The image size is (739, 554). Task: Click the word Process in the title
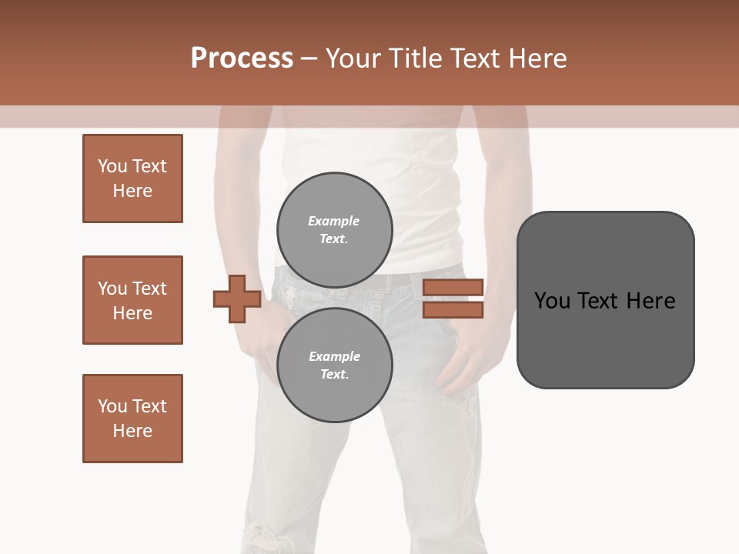(x=242, y=58)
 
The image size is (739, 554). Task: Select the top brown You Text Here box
(x=132, y=179)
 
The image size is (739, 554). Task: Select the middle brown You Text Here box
(x=132, y=300)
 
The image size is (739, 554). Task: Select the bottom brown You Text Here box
(x=132, y=419)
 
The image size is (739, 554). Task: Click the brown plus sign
(x=237, y=299)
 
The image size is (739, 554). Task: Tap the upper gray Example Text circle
(x=334, y=229)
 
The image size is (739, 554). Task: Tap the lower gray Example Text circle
(x=334, y=365)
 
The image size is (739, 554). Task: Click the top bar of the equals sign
(x=453, y=288)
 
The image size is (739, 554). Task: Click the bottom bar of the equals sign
(x=453, y=309)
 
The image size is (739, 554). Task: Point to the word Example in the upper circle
(x=334, y=221)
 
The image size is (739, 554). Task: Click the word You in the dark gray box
(x=552, y=300)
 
